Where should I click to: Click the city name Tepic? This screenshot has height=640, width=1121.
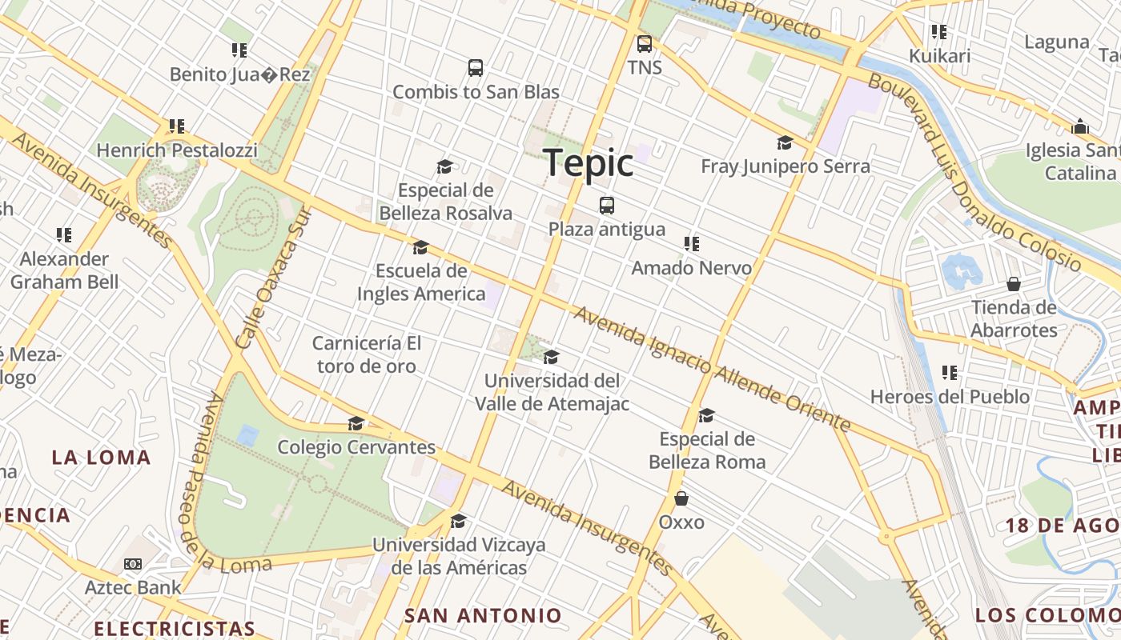pos(589,163)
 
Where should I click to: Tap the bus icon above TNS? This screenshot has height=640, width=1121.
pos(645,44)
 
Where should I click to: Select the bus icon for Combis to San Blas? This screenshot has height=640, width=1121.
pos(476,68)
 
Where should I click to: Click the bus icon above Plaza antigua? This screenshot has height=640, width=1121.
pos(607,206)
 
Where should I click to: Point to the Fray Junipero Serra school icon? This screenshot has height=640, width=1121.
pos(785,143)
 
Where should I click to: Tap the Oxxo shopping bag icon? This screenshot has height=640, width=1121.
pos(681,498)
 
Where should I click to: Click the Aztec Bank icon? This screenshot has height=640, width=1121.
pos(133,564)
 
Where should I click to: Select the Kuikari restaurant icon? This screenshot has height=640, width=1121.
pos(939,33)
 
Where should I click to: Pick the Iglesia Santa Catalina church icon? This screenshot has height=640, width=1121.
pos(1080,126)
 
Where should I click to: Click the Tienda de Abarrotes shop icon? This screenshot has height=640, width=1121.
pos(1014,284)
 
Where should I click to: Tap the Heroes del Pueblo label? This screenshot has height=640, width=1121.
pos(950,396)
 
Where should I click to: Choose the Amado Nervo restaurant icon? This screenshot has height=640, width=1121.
pos(692,244)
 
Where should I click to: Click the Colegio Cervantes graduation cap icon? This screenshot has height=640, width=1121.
pos(356,423)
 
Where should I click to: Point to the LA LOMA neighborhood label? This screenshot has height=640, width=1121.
pos(102,458)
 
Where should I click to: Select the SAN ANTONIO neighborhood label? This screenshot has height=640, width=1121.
pos(483,615)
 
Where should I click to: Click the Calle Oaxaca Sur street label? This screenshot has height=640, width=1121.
pos(273,277)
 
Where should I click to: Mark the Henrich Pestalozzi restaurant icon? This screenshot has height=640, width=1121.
pos(177,126)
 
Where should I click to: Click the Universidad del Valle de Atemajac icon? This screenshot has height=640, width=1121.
pos(551,357)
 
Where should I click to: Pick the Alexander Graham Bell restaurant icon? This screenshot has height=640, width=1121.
pos(64,235)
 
